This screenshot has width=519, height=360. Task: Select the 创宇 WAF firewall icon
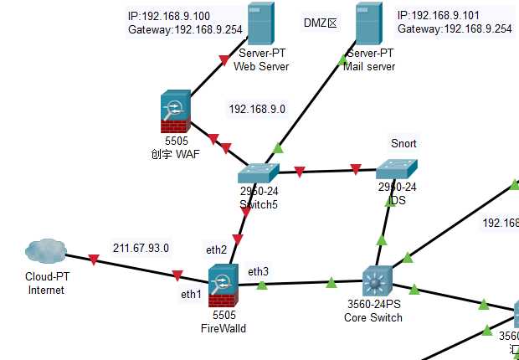(x=177, y=113)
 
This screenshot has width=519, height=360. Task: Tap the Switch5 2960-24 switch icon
(x=257, y=172)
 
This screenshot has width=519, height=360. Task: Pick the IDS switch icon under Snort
(x=396, y=168)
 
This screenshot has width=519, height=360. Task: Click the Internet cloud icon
(x=45, y=251)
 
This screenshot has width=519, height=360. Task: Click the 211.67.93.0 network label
(x=141, y=248)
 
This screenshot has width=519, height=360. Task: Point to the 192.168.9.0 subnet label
(x=257, y=109)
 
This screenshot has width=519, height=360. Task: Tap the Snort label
(x=403, y=143)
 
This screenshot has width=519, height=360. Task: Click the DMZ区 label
(x=319, y=23)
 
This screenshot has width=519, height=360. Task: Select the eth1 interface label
(x=192, y=295)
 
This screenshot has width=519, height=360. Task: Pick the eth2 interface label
(x=217, y=249)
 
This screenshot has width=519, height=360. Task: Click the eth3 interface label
(x=258, y=270)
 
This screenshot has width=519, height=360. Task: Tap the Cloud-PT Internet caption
(x=46, y=285)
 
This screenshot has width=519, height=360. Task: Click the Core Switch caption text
(x=373, y=317)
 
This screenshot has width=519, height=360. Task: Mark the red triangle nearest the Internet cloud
(x=93, y=260)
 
